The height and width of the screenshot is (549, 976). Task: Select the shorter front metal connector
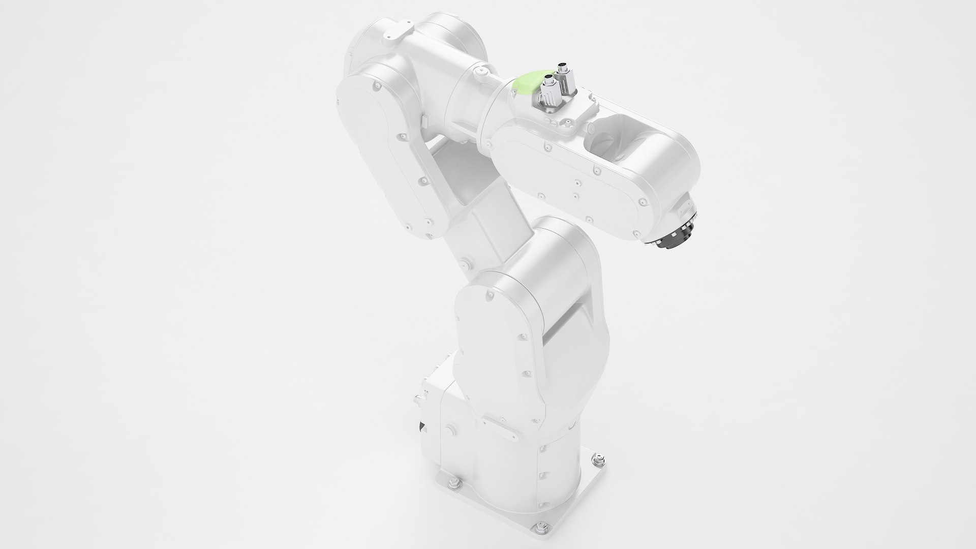click(548, 91)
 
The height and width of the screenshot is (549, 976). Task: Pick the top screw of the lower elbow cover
click(489, 293)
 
